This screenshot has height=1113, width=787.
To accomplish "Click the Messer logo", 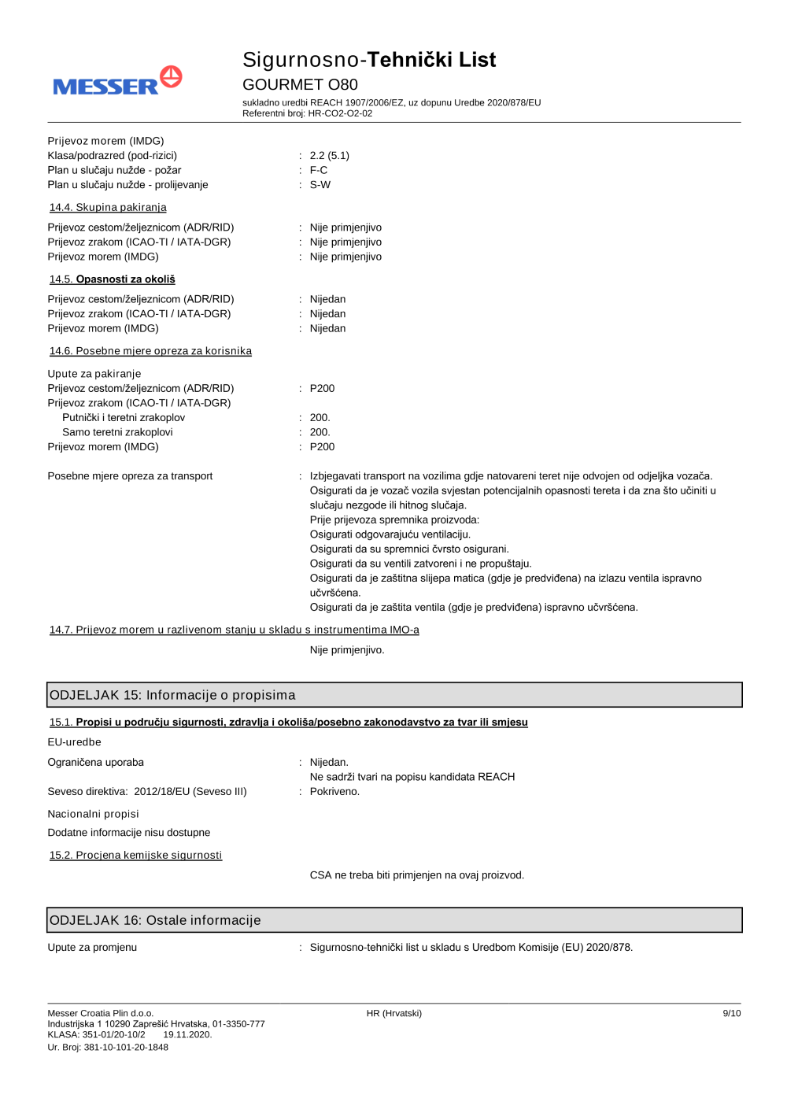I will [117, 82].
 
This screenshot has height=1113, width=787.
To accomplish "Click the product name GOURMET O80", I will [300, 84].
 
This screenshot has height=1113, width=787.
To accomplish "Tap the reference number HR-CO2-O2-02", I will [340, 113].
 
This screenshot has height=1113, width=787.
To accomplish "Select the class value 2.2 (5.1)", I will [329, 156].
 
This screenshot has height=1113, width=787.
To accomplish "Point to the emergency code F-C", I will [318, 170].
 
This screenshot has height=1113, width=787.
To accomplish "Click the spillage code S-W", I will [320, 185].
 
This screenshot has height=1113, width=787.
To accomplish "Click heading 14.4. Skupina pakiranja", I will [108, 208].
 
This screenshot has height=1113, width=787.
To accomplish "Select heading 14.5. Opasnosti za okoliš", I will [112, 279].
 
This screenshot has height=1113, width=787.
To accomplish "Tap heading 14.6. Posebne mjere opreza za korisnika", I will [150, 351].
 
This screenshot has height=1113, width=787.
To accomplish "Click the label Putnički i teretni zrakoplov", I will [124, 418].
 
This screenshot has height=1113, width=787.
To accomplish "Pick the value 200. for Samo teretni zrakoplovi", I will [320, 432].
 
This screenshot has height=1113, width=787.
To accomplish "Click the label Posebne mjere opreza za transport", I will [130, 476].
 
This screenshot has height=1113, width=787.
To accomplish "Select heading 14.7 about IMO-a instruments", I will [234, 630].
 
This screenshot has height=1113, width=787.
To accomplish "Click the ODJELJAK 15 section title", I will [172, 695].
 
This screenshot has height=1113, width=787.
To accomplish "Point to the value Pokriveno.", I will [334, 792].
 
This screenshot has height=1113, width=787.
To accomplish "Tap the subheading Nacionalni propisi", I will [93, 814].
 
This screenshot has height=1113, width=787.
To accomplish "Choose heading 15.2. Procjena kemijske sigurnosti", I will [135, 856].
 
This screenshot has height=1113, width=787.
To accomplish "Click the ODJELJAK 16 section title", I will [155, 920].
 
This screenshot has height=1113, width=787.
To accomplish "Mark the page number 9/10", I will [731, 1013].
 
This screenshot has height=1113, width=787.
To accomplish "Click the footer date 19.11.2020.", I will [187, 1034].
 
